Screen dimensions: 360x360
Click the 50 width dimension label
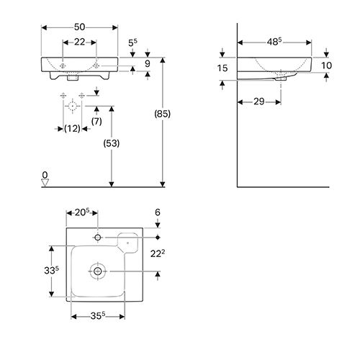[x=79, y=27]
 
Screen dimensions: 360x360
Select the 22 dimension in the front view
[x=79, y=42]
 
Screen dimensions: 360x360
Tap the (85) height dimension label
[x=163, y=114]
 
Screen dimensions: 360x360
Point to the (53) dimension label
[x=112, y=143]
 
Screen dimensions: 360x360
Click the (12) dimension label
[x=72, y=129]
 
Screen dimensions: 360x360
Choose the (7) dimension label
[x=96, y=122]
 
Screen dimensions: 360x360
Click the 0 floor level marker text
[x=45, y=175]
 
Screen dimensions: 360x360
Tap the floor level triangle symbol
[x=45, y=183]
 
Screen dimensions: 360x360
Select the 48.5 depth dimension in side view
[x=274, y=42]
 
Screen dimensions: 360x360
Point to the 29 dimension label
[x=259, y=102]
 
